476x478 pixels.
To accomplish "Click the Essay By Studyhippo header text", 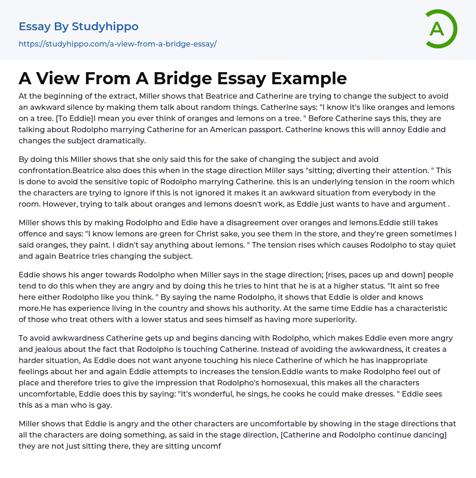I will (x=79, y=27).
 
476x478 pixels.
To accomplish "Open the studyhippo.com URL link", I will (x=118, y=44).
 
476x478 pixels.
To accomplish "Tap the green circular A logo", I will (x=439, y=29).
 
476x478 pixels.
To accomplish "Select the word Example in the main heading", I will (x=309, y=79).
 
